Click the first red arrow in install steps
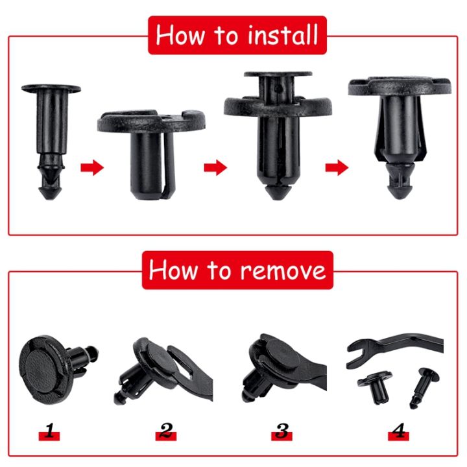(92, 169)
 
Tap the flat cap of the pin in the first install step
(51, 88)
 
